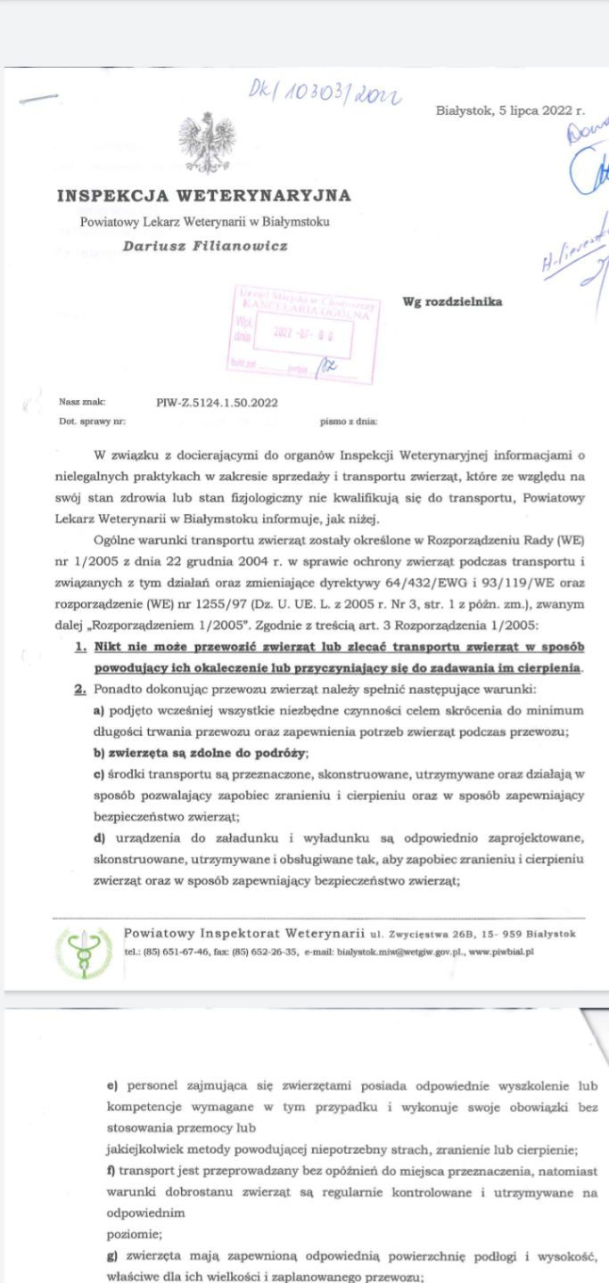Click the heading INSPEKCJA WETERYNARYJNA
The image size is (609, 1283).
pyautogui.click(x=203, y=195)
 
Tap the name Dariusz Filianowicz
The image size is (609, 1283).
pyautogui.click(x=205, y=246)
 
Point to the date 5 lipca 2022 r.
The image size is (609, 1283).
pyautogui.click(x=510, y=111)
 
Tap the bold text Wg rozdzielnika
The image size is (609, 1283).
pyautogui.click(x=452, y=301)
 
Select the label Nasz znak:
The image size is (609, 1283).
pyautogui.click(x=82, y=402)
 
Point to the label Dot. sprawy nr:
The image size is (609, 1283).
pyautogui.click(x=92, y=419)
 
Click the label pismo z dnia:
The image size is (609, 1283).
pyautogui.click(x=349, y=419)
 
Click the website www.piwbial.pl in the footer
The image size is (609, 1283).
pyautogui.click(x=501, y=952)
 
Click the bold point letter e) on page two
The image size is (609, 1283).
pyautogui.click(x=112, y=1086)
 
